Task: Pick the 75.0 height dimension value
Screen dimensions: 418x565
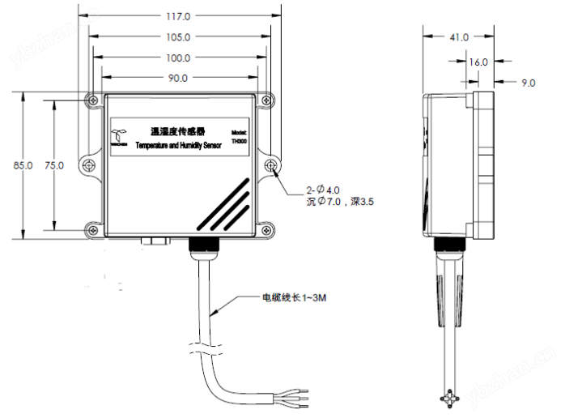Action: tap(54, 165)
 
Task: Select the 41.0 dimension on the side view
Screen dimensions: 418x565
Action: tap(458, 37)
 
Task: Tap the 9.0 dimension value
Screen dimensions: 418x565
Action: tap(527, 82)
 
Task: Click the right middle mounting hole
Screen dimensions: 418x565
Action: tap(271, 166)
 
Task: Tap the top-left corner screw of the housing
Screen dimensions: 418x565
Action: tap(91, 100)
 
